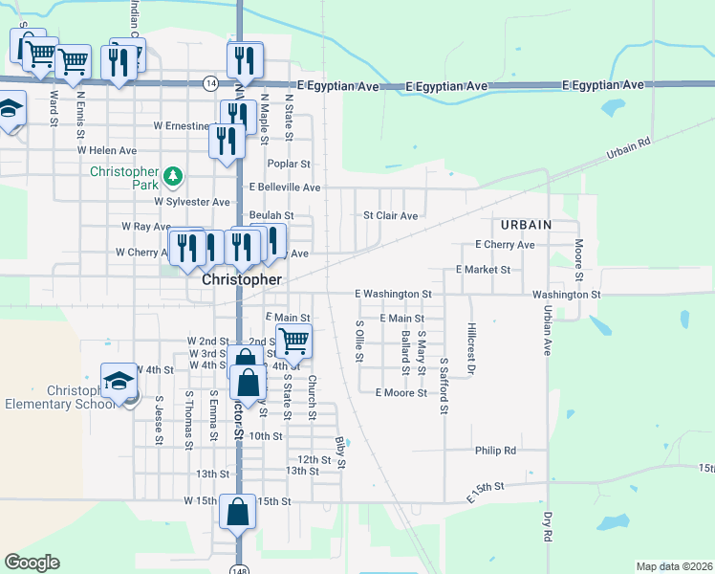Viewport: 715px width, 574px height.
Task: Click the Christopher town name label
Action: coord(242,280)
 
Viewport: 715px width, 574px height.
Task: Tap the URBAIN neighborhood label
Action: coord(526,224)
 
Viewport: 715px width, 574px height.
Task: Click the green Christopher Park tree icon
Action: coord(172,176)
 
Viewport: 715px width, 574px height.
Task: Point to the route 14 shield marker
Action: coord(209,84)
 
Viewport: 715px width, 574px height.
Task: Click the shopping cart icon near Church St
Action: coord(293,340)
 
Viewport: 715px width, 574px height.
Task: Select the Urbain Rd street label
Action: coord(628,148)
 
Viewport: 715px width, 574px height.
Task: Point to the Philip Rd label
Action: coord(495,450)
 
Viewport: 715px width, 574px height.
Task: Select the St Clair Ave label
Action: coord(390,216)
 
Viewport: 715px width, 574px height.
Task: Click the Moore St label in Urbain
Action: coord(579,254)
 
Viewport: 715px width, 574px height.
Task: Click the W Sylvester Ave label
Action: coord(192,202)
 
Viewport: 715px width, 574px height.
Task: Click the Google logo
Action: coord(32,563)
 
